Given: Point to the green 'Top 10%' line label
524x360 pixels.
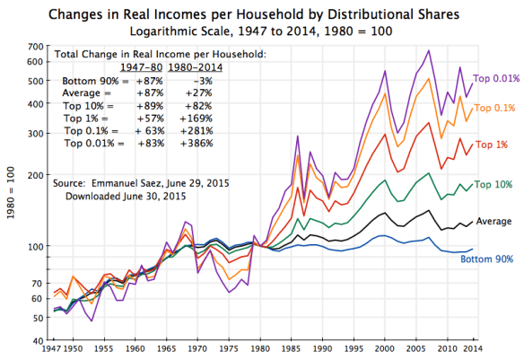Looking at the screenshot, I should coord(493,184).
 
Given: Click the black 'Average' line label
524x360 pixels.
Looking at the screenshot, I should coord(493,221).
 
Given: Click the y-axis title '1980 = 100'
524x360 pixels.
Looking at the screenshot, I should coord(11,194).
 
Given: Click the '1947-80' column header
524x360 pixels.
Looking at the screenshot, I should coord(140,67).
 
